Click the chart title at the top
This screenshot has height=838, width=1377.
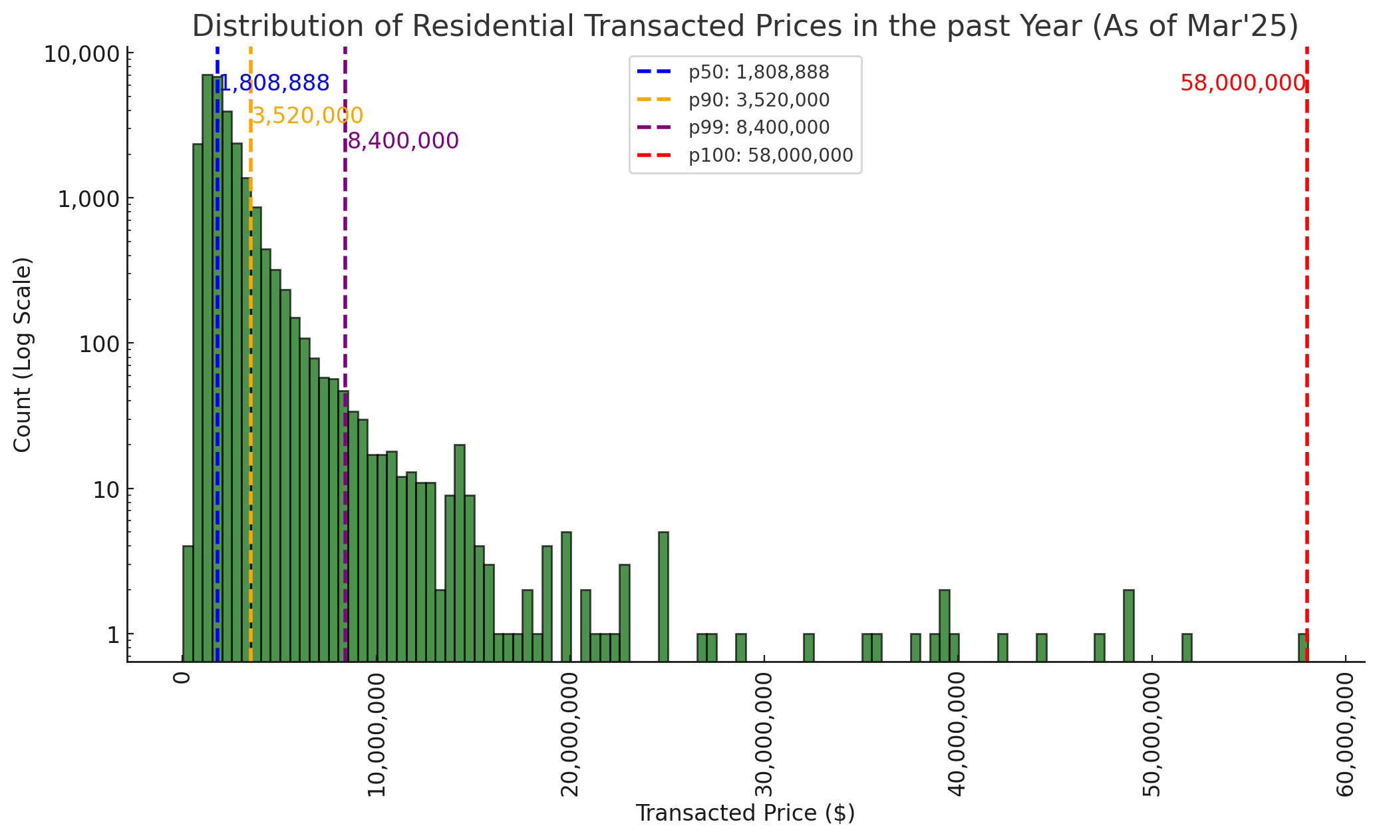tap(745, 27)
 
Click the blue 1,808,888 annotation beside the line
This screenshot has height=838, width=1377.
tap(275, 84)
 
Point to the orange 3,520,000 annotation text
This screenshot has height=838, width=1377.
tap(308, 116)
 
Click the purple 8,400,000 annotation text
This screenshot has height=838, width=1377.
tap(403, 141)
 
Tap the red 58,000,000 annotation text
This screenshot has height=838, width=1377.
tap(1242, 84)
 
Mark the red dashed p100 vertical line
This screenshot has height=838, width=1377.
tap(1307, 333)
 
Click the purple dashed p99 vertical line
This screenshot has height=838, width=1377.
tap(345, 266)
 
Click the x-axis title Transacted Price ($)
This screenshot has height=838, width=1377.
tap(745, 813)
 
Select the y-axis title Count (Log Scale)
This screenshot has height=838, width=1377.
tap(23, 355)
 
